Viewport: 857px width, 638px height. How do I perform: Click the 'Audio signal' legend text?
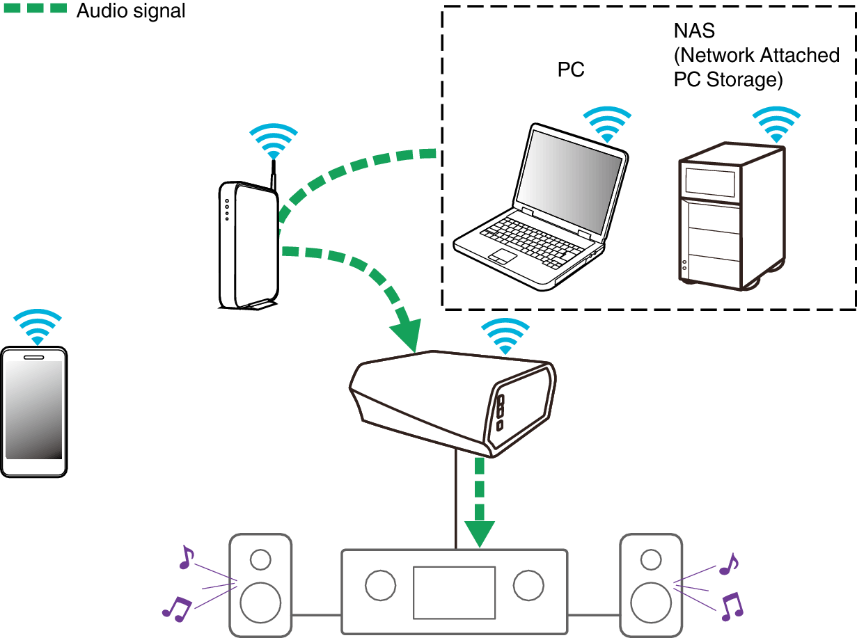pos(130,11)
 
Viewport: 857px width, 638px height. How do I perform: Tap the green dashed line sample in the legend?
pos(35,9)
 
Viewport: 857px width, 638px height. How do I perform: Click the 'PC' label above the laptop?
pos(570,70)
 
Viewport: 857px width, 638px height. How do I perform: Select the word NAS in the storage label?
pos(694,31)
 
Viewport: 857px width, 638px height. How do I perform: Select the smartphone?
pos(34,411)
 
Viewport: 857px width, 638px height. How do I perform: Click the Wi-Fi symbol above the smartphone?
pos(38,326)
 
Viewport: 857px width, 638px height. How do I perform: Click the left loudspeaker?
pos(260,585)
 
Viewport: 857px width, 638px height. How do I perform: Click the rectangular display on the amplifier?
pos(454,592)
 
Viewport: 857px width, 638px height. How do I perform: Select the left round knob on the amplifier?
pos(380,586)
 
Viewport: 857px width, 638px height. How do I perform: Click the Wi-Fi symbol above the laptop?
pos(606,125)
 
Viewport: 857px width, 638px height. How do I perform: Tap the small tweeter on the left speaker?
pos(261,559)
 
